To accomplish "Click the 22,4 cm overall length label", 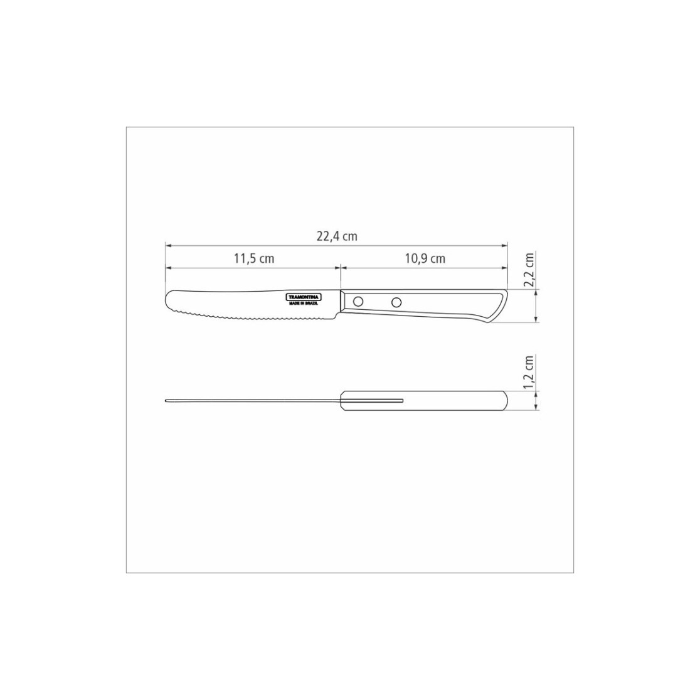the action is (337, 236).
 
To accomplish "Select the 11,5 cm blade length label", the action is (254, 258).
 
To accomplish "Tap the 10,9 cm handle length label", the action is (425, 258).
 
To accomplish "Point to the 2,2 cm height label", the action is (529, 270).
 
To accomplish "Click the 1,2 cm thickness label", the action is (529, 373).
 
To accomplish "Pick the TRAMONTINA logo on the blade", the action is (304, 297).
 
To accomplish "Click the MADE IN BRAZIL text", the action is (304, 303).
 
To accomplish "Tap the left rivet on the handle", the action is (358, 302).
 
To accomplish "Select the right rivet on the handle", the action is (396, 303).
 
